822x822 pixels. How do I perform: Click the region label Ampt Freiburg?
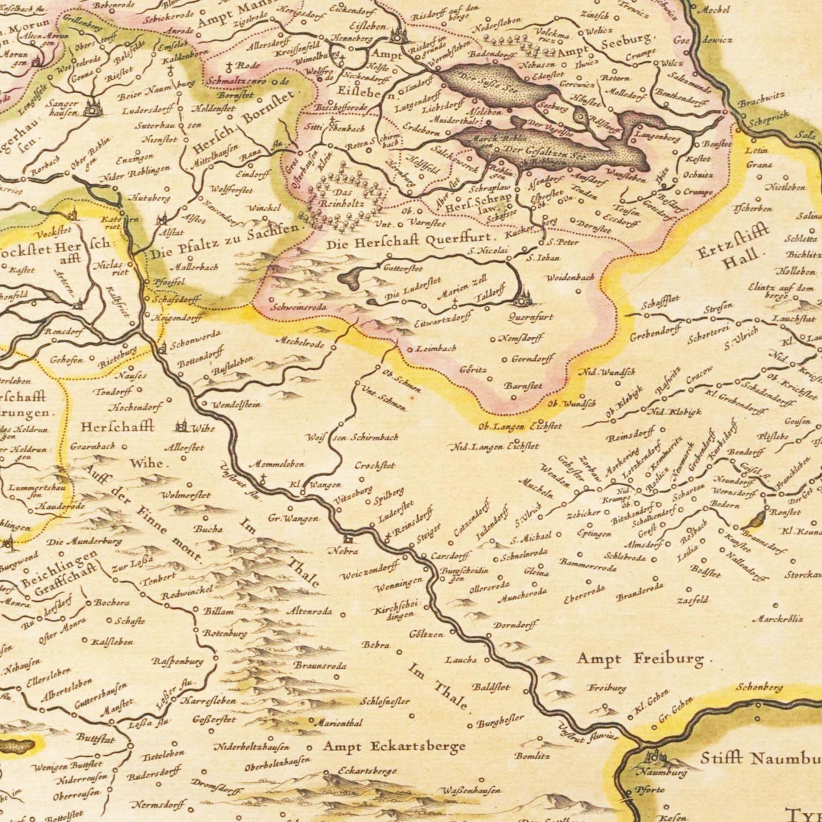640,659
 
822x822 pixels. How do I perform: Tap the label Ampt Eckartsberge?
394,746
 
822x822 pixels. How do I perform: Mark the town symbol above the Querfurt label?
522,298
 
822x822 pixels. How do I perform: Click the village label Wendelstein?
236,405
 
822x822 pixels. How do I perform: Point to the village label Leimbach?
436,348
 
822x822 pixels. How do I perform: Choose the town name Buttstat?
96,739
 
